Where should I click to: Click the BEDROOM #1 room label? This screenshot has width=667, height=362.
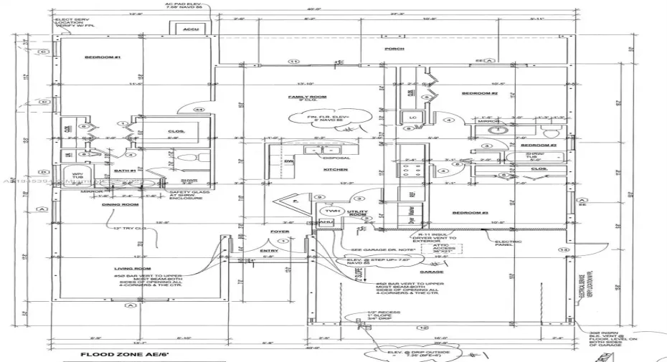click(x=103, y=57)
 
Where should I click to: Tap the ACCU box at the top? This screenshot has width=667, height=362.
click(x=191, y=30)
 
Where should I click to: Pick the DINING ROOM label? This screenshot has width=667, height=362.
click(x=120, y=205)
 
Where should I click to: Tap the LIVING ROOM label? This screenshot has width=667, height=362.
click(x=131, y=269)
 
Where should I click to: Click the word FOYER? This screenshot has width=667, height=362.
click(x=279, y=232)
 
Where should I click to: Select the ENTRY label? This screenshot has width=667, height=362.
click(x=269, y=251)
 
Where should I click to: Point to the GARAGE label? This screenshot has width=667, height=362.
click(x=431, y=272)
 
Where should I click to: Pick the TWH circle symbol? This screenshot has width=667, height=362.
click(x=332, y=211)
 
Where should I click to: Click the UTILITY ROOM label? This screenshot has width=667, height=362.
click(x=357, y=214)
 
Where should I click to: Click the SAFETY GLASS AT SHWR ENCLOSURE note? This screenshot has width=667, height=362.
click(x=186, y=195)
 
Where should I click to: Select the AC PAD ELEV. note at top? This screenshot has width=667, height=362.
click(x=181, y=6)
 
